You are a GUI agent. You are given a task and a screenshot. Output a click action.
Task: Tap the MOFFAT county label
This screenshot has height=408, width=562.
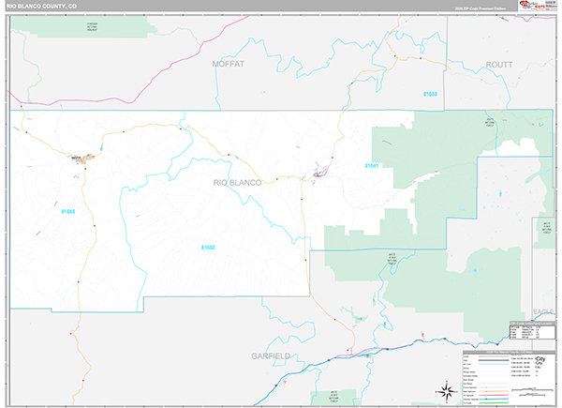[x=228, y=64]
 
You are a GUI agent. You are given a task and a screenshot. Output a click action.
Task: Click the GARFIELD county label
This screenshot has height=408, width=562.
[x=273, y=356]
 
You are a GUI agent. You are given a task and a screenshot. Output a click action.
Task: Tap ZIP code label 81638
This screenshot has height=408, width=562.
[x=430, y=94]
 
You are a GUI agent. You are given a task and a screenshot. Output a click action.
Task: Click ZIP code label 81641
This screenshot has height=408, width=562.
[x=371, y=166]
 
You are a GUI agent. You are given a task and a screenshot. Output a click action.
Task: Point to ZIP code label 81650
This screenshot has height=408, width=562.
[x=208, y=248]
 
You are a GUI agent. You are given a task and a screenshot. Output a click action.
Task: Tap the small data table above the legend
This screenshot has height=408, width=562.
[x=530, y=329]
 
